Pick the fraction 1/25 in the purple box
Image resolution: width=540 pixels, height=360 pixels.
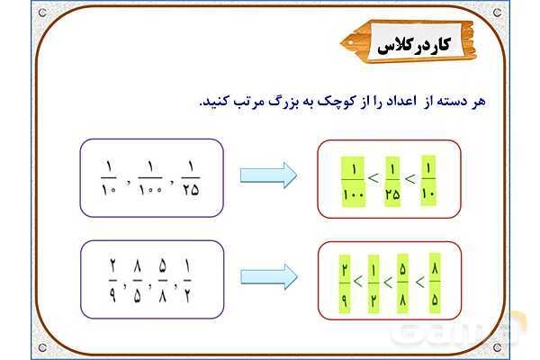tap(191, 177)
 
